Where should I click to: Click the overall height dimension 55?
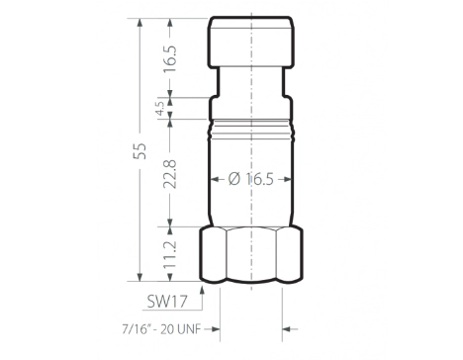(139, 151)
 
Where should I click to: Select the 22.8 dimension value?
(170, 174)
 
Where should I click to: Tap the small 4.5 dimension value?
(160, 108)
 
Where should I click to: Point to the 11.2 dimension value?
(170, 254)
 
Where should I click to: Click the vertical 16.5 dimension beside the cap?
(170, 58)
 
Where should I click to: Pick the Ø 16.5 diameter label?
(251, 179)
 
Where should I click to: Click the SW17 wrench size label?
(167, 301)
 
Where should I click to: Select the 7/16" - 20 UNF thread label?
(161, 329)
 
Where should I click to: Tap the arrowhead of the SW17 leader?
(202, 290)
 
